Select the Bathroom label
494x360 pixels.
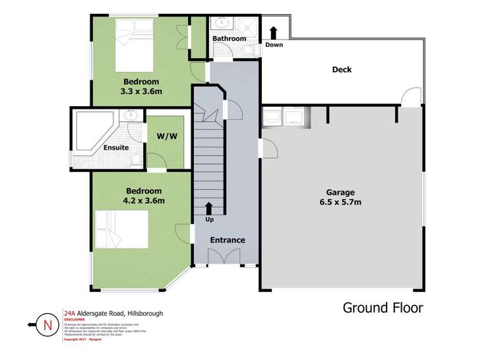(x=229, y=39)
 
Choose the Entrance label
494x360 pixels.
(x=228, y=240)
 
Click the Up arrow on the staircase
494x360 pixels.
(x=209, y=210)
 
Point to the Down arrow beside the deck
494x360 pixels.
(x=273, y=33)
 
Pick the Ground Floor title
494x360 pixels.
(x=383, y=307)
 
